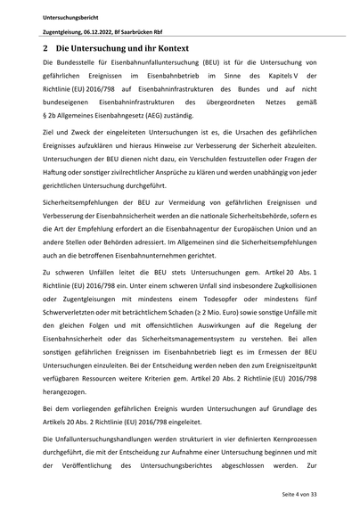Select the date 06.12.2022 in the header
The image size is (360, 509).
tap(103, 31)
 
